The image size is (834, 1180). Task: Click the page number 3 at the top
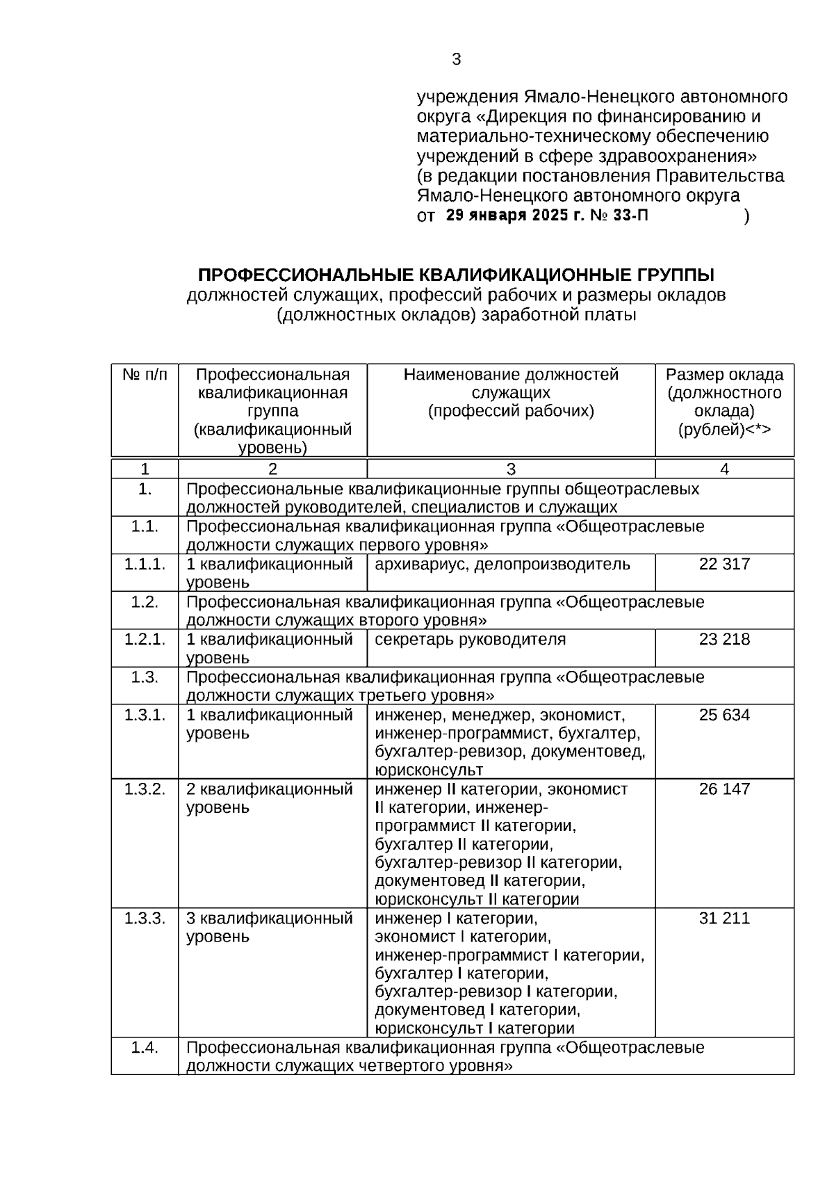[x=456, y=60]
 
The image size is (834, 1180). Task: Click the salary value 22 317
[x=724, y=564]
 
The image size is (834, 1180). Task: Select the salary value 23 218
[x=724, y=639]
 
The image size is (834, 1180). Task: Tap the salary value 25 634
[x=724, y=715]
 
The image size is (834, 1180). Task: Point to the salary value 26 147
[x=724, y=789]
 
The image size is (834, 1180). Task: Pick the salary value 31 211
[x=724, y=919]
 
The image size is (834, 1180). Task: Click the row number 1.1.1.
[x=145, y=564]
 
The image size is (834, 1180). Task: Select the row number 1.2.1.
[x=145, y=639]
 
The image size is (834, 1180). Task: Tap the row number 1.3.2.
[x=145, y=789]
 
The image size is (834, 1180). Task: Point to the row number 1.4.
[x=145, y=1047]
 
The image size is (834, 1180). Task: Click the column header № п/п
[x=145, y=375]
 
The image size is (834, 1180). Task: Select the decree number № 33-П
[x=619, y=216]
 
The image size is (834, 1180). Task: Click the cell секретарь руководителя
[x=470, y=639]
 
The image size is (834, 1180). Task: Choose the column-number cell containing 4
[x=724, y=469]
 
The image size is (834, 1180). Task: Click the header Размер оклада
[x=724, y=375]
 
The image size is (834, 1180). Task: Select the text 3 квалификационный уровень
[x=269, y=927]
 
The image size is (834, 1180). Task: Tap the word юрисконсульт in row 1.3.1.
[x=428, y=770]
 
